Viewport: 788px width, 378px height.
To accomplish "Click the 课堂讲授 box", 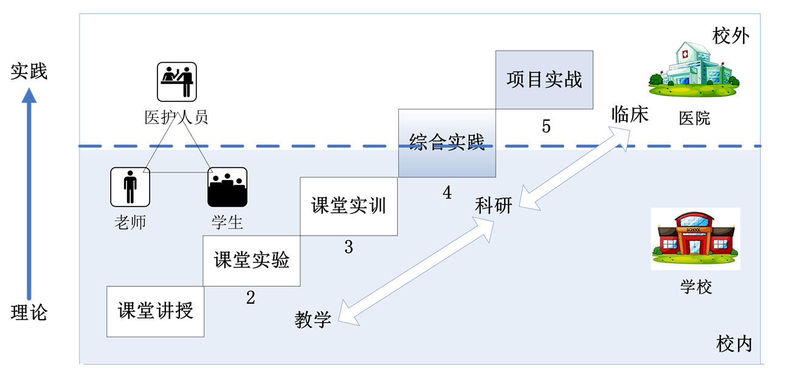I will tap(155, 311).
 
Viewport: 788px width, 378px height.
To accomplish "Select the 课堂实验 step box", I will tap(251, 260).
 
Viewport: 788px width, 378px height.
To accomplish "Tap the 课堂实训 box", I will tap(348, 206).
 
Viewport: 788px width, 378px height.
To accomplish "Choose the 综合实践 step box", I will tap(447, 143).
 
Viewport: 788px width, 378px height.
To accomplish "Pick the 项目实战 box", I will tap(544, 80).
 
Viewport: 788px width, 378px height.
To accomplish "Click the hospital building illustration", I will tap(694, 70).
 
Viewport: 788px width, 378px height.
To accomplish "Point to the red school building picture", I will tap(695, 238).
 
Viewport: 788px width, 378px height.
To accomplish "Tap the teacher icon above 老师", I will tap(130, 187).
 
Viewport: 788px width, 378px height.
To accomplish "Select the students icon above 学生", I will tap(227, 187).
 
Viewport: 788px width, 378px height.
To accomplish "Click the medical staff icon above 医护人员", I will tap(177, 81).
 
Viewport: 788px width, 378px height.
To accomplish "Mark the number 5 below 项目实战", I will tap(546, 126).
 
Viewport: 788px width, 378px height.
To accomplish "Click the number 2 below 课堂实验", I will tap(251, 298).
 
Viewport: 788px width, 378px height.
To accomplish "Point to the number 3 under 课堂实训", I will tap(348, 247).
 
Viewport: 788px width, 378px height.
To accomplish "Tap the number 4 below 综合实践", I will tap(447, 193).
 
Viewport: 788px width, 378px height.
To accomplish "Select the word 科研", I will tap(494, 206).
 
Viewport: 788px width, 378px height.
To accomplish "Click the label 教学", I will tap(313, 320).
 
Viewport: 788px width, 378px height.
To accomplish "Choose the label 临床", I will tap(630, 114).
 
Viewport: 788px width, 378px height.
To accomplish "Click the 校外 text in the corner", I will tap(731, 36).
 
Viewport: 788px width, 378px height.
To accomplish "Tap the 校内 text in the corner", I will tap(734, 344).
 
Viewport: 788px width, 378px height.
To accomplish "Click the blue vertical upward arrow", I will tap(29, 194).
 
